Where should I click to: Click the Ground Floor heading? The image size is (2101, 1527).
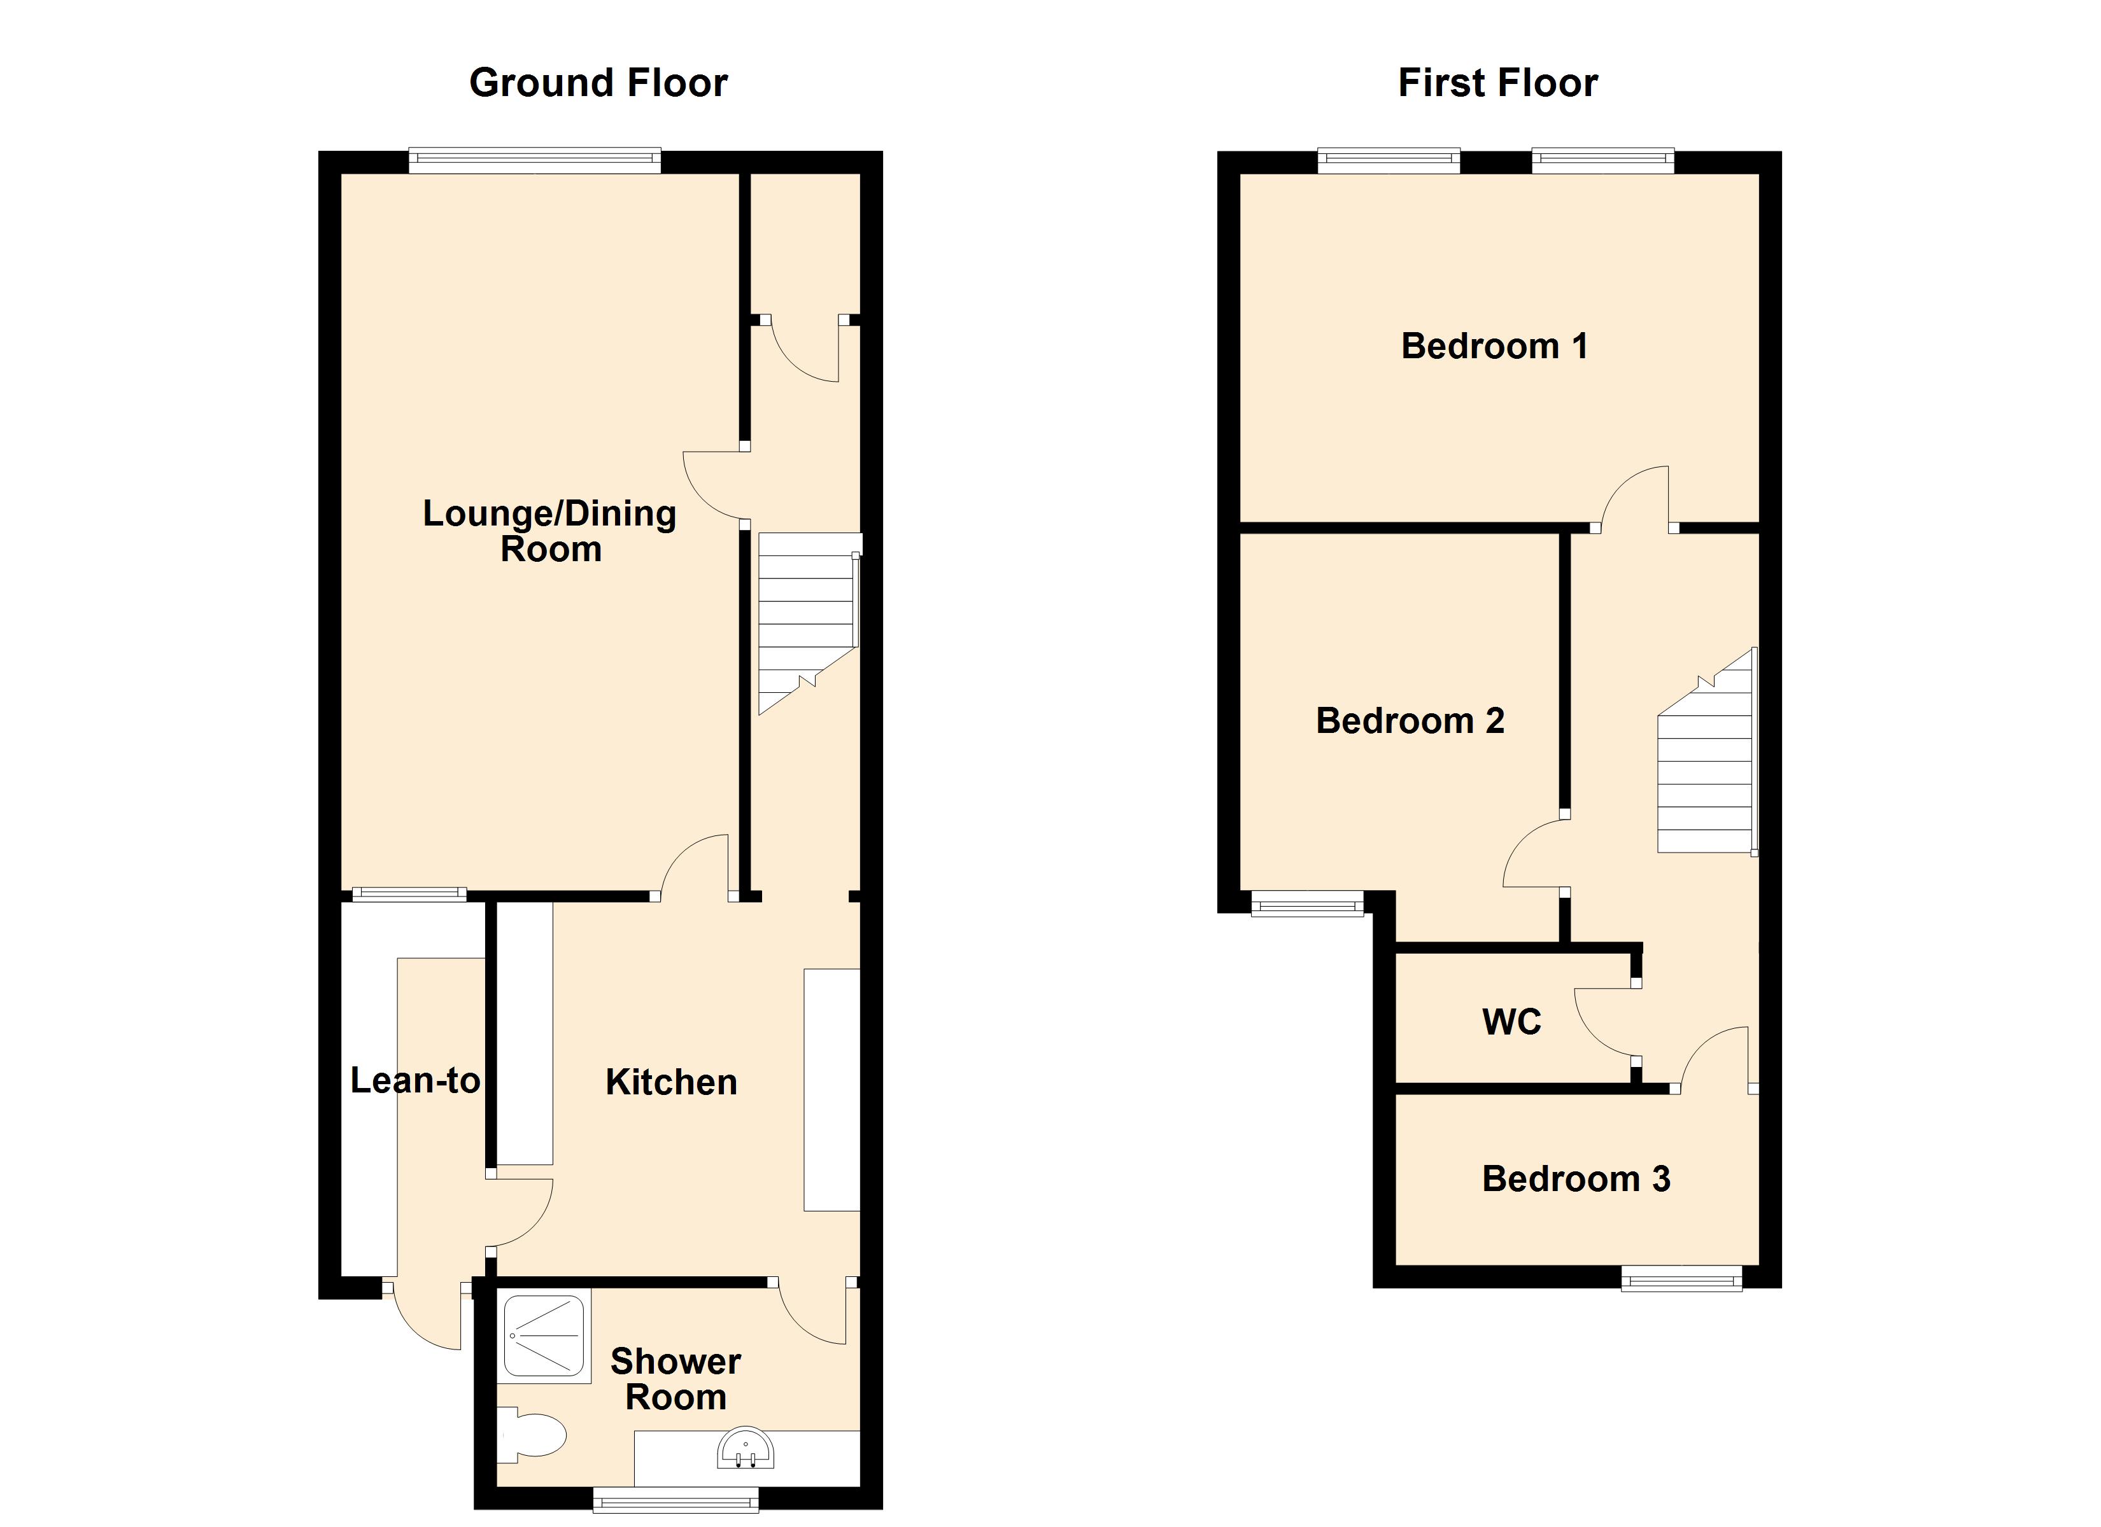coord(598,83)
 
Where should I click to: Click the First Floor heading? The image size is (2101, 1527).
coord(1497,83)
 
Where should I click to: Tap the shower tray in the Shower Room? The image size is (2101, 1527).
coord(544,1335)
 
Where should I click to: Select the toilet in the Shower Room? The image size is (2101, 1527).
coord(535,1436)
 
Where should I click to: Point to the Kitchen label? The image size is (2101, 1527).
coord(670,1082)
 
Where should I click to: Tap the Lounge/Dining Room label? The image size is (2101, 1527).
coord(550,531)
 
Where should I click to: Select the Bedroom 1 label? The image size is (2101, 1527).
coord(1494,346)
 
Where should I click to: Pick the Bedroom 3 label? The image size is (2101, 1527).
coord(1576,1179)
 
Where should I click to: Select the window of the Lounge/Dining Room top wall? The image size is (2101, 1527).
coord(535,161)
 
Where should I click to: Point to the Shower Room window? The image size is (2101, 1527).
coord(676,1500)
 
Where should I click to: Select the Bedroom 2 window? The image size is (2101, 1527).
coord(1307,903)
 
